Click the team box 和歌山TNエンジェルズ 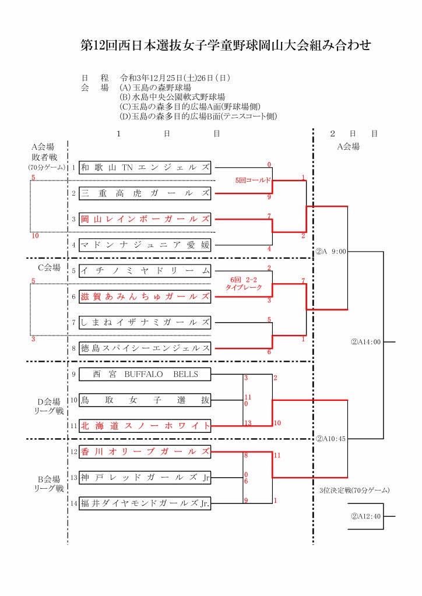(x=145, y=168)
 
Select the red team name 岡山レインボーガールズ (x=145, y=219)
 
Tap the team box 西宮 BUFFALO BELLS (x=145, y=375)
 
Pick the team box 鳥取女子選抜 (x=145, y=400)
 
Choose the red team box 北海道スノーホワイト (x=145, y=426)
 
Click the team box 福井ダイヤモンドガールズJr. (x=145, y=503)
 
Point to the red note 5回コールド (x=253, y=180)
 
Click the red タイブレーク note (x=244, y=287)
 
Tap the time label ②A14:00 (x=365, y=342)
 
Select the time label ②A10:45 (x=330, y=439)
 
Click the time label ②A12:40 (x=365, y=517)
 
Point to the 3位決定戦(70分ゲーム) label (x=354, y=491)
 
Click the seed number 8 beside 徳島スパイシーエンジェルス (x=74, y=348)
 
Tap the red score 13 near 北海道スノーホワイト (x=248, y=423)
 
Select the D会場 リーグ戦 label (x=49, y=406)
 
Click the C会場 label (x=49, y=267)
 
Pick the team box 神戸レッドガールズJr (x=145, y=478)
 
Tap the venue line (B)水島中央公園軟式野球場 (x=172, y=97)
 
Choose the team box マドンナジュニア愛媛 (x=145, y=245)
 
